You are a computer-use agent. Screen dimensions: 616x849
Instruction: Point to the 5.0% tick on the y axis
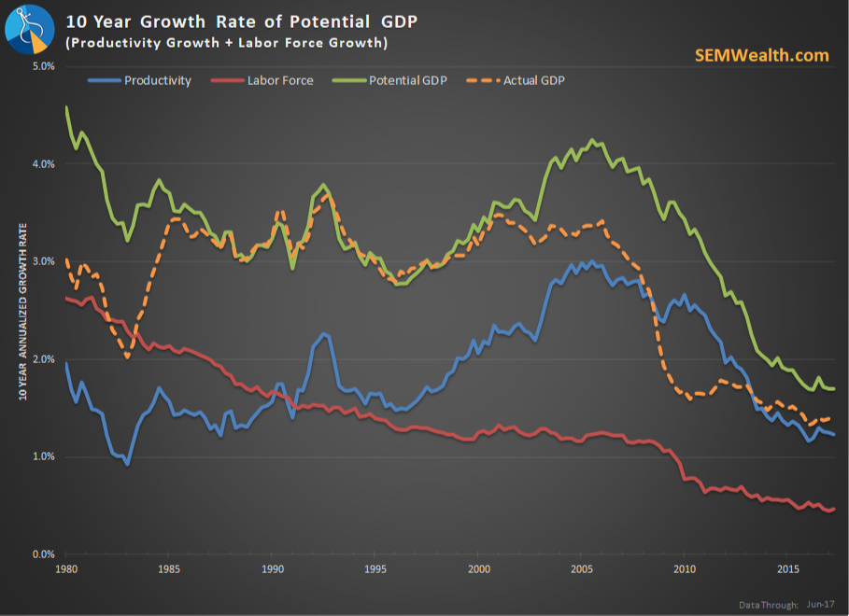[x=43, y=67]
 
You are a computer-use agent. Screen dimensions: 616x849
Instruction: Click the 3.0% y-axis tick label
[x=43, y=262]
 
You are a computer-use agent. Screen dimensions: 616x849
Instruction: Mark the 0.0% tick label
[x=43, y=554]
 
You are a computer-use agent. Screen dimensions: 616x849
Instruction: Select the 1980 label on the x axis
[x=66, y=568]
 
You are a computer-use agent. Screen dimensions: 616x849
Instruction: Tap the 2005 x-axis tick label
[x=582, y=568]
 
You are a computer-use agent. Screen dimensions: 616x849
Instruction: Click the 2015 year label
[x=788, y=568]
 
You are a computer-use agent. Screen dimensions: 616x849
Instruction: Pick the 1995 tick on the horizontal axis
[x=375, y=568]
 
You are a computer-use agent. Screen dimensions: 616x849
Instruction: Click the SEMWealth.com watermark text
[x=761, y=55]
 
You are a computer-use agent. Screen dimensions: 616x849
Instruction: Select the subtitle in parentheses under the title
[x=228, y=44]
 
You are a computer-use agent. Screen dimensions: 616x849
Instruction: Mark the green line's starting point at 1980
[x=66, y=107]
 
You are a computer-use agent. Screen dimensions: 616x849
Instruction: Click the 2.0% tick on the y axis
[x=43, y=359]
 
